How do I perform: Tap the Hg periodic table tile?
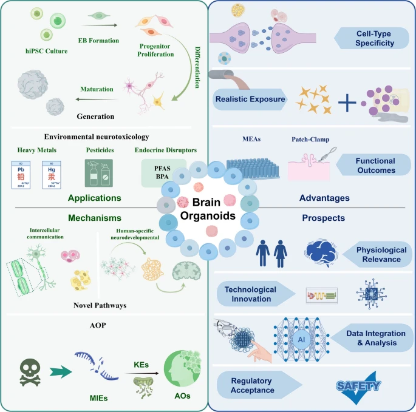[x=52, y=172]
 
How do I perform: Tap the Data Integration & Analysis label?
[x=371, y=338]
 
